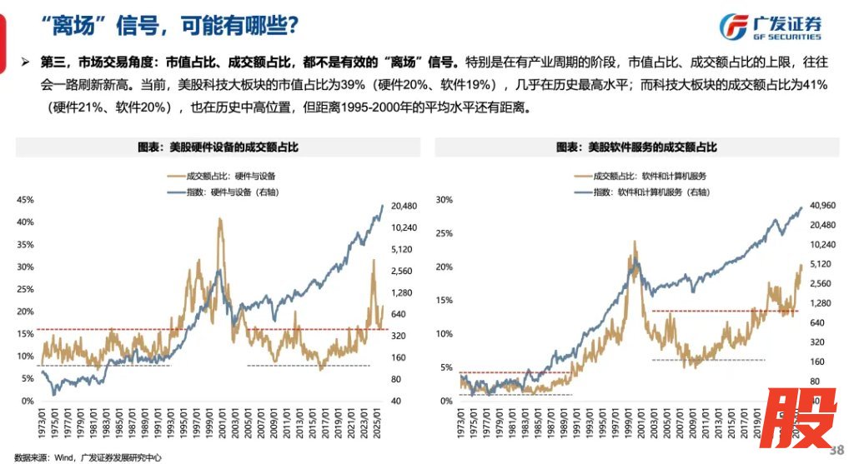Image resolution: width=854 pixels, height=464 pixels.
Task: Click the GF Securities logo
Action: tap(771, 27)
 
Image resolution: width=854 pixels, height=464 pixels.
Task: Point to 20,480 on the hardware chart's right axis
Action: tap(404, 206)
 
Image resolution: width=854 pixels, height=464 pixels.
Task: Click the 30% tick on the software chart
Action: tap(444, 200)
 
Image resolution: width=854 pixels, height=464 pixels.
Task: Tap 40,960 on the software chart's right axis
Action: tap(821, 206)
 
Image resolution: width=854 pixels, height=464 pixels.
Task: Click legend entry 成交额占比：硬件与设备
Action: tap(220, 176)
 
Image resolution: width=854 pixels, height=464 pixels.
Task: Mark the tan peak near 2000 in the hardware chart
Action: tap(219, 220)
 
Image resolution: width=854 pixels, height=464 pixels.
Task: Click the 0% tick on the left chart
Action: tap(28, 401)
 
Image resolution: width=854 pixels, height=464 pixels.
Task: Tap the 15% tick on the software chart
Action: tap(444, 300)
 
